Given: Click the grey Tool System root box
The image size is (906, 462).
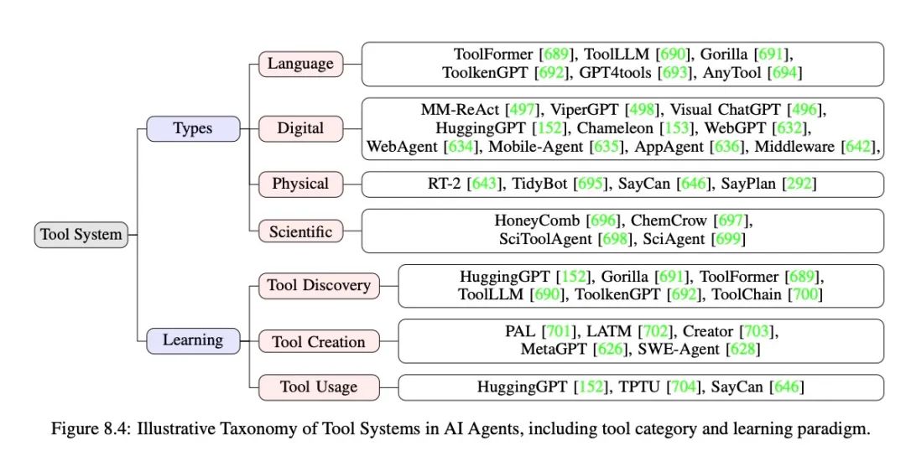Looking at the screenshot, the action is click(x=81, y=235).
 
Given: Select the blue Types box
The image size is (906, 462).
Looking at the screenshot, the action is click(x=193, y=128).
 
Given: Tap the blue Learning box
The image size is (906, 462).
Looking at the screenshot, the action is click(x=193, y=340).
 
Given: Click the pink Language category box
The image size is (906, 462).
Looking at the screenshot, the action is click(x=300, y=64).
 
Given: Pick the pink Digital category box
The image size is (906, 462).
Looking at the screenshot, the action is click(x=300, y=128).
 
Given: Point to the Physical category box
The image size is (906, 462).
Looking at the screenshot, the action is click(x=300, y=184).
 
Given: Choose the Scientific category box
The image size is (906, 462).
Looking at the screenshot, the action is click(x=300, y=231).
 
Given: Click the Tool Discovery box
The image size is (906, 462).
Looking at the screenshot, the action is click(x=319, y=286).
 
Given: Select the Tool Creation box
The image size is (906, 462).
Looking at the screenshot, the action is click(x=319, y=342).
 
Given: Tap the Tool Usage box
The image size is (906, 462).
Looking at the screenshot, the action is click(x=319, y=387).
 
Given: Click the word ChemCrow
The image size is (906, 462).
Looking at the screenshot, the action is click(x=669, y=221).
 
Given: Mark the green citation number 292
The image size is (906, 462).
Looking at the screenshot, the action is click(x=799, y=184).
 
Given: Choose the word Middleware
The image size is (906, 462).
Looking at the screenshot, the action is click(x=794, y=147).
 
